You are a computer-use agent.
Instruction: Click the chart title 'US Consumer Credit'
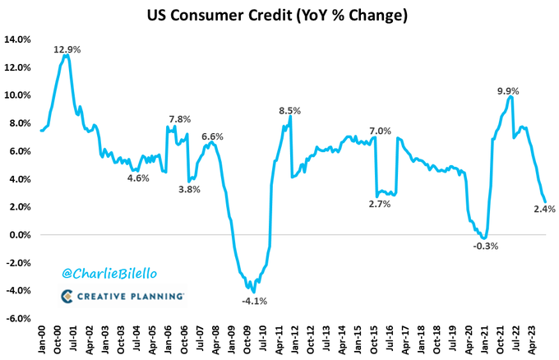(279, 16)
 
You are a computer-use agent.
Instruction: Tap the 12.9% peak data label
(67, 49)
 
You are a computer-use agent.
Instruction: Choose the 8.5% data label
(289, 110)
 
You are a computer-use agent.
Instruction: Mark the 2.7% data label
(379, 204)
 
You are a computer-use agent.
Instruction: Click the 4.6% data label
(137, 178)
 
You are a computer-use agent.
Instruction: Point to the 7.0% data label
(381, 132)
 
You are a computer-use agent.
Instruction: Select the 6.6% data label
(212, 136)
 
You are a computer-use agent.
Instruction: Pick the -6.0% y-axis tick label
(19, 319)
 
